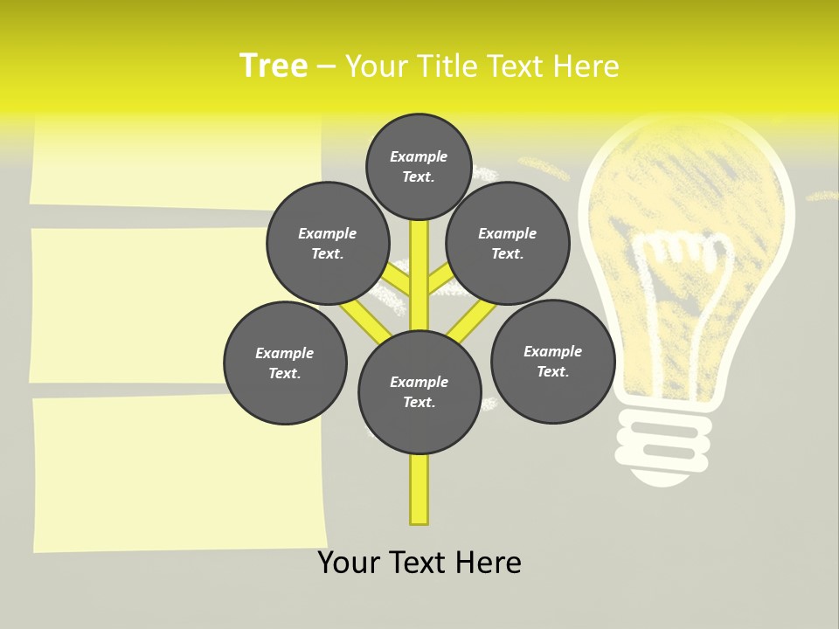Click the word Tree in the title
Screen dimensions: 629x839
tap(274, 66)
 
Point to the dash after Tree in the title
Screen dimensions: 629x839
tap(326, 67)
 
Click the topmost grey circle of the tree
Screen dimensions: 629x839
tap(419, 166)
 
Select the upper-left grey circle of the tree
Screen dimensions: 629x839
tap(327, 243)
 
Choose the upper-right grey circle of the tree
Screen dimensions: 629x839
tap(507, 243)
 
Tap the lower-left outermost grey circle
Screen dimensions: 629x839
tap(285, 363)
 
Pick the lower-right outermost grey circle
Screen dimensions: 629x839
tap(552, 361)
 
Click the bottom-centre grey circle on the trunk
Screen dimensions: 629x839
tap(419, 391)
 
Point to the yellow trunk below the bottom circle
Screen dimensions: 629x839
tap(419, 489)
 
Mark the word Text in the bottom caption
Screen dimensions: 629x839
tap(419, 563)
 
